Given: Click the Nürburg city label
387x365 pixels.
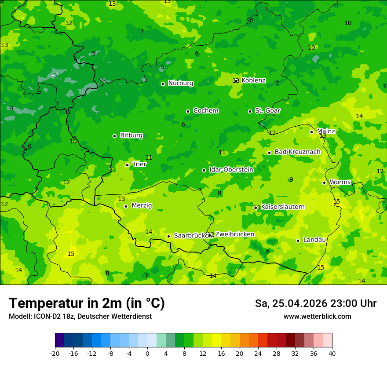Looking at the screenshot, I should tap(181, 83).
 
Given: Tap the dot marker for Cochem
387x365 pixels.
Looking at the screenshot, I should tap(188, 111).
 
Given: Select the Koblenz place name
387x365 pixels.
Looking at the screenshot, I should tap(253, 80).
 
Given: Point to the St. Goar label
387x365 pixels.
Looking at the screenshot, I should tap(267, 110).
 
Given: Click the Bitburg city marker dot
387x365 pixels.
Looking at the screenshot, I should tap(114, 136).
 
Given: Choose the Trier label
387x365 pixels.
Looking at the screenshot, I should tap(139, 164).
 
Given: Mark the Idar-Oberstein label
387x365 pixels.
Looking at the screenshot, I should tap(231, 169).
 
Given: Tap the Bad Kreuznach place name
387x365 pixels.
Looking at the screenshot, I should tap(297, 152).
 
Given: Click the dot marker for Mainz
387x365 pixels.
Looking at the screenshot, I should tap(311, 132).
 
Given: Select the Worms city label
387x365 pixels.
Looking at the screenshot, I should tap(340, 182).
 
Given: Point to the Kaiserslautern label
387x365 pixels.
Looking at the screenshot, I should tap(283, 207).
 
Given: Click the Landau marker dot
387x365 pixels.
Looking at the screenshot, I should tap(298, 241).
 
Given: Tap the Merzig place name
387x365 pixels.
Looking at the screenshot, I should tap(142, 205).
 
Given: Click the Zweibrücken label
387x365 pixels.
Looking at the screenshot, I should tap(234, 234).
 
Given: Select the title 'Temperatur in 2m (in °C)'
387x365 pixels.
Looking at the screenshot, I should tap(87, 303).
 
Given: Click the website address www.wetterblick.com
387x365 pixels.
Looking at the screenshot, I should tap(317, 316).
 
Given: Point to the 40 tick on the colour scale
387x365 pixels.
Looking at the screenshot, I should tap(332, 353).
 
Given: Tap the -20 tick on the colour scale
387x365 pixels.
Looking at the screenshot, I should tap(55, 353).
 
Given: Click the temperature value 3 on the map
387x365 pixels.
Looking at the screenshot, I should tap(55, 75).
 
